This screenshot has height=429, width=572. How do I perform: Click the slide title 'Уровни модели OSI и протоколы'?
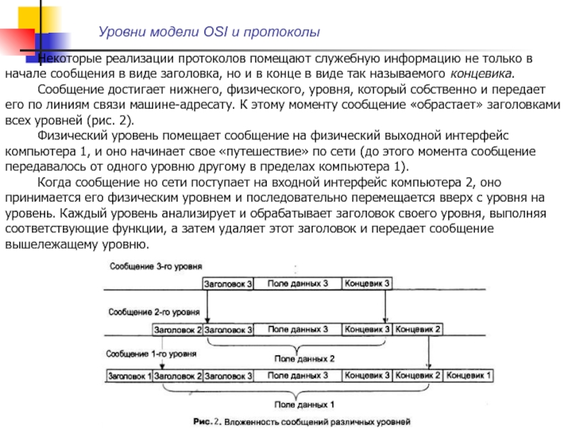click(209, 32)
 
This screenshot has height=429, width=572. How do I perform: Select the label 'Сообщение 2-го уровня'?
click(154, 312)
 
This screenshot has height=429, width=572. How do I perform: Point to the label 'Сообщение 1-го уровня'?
click(152, 353)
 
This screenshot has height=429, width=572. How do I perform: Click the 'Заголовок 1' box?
click(129, 375)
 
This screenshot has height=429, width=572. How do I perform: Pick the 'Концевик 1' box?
click(469, 375)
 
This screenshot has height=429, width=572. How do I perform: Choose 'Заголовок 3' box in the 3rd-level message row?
click(228, 285)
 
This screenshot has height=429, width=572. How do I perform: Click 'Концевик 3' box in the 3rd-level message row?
click(367, 285)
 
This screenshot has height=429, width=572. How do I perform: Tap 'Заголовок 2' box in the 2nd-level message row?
click(178, 330)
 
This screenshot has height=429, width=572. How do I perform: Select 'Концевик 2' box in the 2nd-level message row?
click(418, 330)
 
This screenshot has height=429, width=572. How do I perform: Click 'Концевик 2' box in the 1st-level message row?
click(418, 375)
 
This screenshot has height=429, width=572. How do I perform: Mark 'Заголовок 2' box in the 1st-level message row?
click(178, 375)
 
